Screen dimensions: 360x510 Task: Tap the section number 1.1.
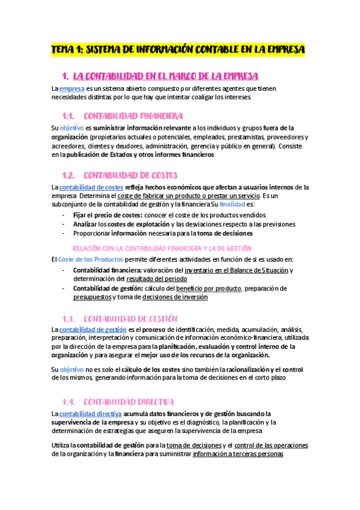67,116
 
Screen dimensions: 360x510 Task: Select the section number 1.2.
68,176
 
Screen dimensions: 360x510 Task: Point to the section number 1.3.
68,318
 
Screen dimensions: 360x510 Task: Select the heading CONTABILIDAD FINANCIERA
133,116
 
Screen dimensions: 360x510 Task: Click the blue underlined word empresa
72,88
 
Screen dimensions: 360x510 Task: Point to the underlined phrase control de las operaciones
271,446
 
